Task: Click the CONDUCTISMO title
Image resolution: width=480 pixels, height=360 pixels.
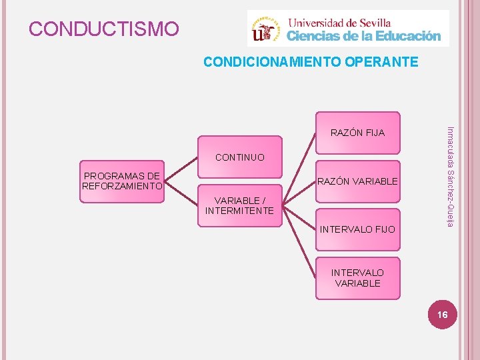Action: pyautogui.click(x=104, y=29)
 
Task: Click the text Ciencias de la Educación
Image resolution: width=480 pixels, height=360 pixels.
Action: pyautogui.click(x=364, y=36)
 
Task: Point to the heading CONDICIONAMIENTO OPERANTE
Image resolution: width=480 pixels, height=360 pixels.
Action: pyautogui.click(x=311, y=62)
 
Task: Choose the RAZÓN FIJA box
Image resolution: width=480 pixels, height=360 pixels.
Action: pyautogui.click(x=357, y=132)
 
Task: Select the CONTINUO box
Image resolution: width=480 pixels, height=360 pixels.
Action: pyautogui.click(x=239, y=158)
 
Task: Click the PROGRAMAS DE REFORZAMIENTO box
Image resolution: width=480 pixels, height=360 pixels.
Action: pyautogui.click(x=122, y=181)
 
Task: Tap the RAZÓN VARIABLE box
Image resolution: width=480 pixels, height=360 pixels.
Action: pyautogui.click(x=357, y=181)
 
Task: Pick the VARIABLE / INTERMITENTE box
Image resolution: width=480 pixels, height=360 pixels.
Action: pyautogui.click(x=239, y=205)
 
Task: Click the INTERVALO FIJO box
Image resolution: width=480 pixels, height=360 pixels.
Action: pyautogui.click(x=357, y=229)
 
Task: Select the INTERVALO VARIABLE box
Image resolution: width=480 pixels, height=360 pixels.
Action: pyautogui.click(x=357, y=278)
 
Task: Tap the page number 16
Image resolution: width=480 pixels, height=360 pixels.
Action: pyautogui.click(x=443, y=314)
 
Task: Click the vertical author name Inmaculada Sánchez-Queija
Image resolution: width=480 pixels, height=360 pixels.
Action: pyautogui.click(x=450, y=176)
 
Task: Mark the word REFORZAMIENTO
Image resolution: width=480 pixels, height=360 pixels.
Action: pyautogui.click(x=122, y=186)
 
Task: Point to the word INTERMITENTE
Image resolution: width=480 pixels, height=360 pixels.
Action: pyautogui.click(x=239, y=211)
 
